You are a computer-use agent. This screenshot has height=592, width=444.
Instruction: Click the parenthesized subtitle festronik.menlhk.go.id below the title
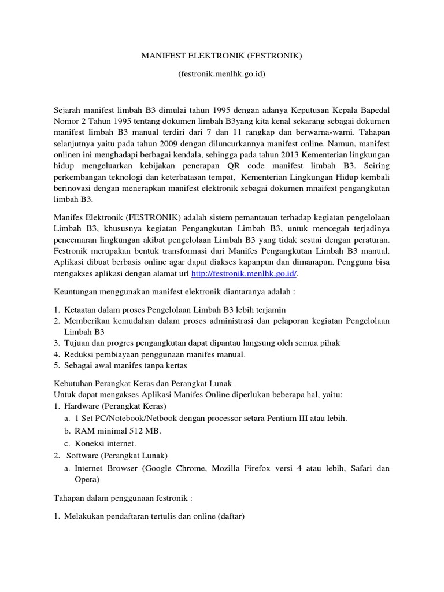pyautogui.click(x=222, y=76)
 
